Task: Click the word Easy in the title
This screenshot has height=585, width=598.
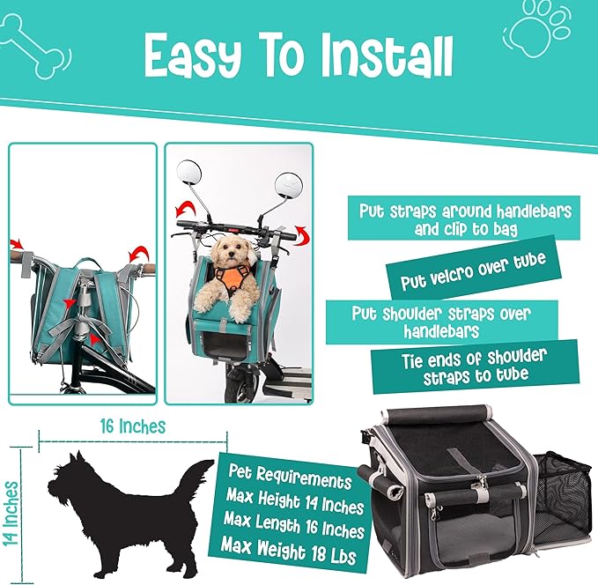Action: (193, 56)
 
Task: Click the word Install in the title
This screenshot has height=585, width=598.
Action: (387, 56)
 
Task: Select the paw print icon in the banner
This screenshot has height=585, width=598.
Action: (537, 28)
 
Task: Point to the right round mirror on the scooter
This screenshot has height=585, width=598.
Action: (289, 186)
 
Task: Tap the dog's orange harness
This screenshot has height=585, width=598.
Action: (233, 280)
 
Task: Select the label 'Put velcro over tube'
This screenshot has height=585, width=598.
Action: (473, 271)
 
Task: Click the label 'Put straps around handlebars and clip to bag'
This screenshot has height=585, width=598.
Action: (464, 218)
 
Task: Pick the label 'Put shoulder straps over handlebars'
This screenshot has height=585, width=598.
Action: (441, 322)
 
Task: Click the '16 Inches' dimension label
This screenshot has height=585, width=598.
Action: (133, 426)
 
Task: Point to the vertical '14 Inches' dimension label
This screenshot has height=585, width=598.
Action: (11, 514)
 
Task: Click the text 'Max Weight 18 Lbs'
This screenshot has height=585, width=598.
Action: (289, 551)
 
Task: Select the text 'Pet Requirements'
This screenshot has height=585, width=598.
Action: (290, 477)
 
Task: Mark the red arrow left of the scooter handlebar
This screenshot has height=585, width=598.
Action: (186, 211)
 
